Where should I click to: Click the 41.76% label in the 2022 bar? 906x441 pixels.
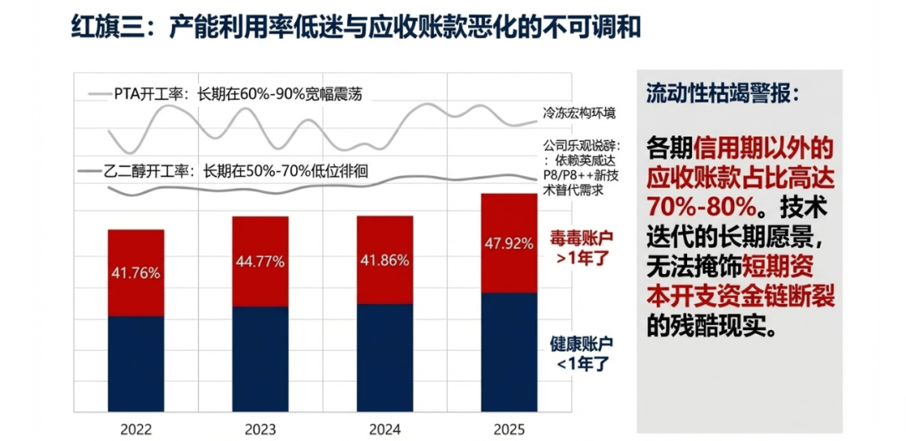(136, 272)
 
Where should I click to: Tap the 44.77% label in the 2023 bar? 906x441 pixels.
(260, 261)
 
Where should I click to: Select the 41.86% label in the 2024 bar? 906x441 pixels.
(385, 260)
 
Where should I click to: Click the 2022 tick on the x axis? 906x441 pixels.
(136, 429)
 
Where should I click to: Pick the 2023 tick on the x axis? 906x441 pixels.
(260, 429)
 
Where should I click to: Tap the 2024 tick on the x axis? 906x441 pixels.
(385, 429)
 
